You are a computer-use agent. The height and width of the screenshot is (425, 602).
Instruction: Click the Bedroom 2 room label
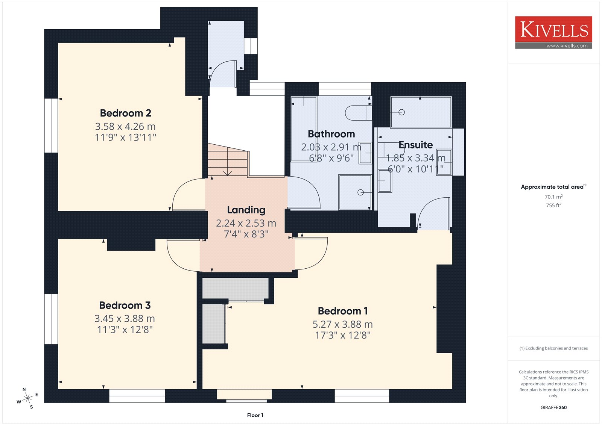pos(126,113)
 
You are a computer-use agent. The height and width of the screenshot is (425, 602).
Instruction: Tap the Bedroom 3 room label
pos(125,305)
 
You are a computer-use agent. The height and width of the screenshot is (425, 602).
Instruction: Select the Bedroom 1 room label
pos(343,311)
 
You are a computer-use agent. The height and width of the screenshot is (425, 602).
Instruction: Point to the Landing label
pos(246,210)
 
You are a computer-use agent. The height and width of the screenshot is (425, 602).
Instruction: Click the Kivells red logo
pos(553,32)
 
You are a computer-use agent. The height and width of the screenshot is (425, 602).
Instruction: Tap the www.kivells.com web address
pos(567,46)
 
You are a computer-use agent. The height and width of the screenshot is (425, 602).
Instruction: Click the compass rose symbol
pos(27,398)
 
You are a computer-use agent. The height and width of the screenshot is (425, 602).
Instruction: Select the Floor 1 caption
pos(255,415)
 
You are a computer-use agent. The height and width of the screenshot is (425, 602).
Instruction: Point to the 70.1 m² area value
pos(553,197)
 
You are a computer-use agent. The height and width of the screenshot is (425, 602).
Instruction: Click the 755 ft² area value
pos(553,205)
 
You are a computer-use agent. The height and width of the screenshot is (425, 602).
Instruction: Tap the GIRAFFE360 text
pos(553,407)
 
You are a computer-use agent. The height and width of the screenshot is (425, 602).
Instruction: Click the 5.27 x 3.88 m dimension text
pos(343,324)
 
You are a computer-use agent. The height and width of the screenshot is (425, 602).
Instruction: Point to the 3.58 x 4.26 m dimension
pos(125,127)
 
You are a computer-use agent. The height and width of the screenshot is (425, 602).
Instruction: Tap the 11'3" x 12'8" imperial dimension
pos(125,330)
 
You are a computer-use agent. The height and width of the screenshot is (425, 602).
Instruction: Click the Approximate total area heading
pos(553,187)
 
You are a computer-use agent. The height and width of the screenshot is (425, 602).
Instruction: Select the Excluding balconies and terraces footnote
pos(553,348)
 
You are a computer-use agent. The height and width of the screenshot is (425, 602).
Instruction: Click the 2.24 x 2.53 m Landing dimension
pos(246,223)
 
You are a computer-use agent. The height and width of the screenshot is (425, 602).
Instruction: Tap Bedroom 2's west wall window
pos(51,126)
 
